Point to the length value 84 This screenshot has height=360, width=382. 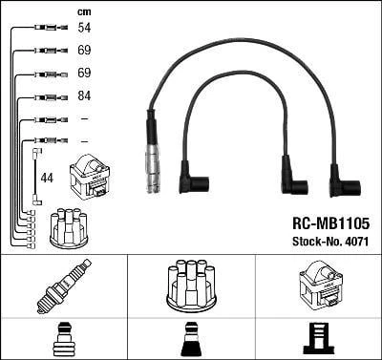pyautogui.click(x=83, y=96)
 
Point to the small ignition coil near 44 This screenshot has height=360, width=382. pyautogui.click(x=90, y=176)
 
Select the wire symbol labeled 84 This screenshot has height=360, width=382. pyautogui.click(x=46, y=96)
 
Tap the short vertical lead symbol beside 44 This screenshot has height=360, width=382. pyautogui.click(x=35, y=176)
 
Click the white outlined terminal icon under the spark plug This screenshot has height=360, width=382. pyautogui.click(x=63, y=339)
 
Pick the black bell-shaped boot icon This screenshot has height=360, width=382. pyautogui.click(x=190, y=339)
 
